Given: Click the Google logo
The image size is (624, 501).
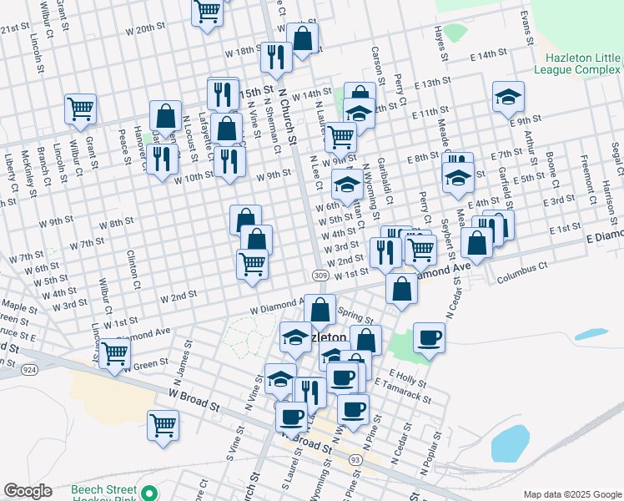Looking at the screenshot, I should coord(28,491).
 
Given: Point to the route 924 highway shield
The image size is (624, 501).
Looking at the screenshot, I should coord(30,368).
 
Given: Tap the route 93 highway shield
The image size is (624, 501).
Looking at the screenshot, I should coord(355,460).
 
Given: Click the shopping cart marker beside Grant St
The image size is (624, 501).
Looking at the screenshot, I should coord(81,107).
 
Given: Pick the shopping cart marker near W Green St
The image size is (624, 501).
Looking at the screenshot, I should coord(114,352).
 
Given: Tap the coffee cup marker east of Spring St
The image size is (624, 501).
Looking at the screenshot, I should coord(429,337).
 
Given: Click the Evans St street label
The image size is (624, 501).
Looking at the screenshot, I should coord(526,28).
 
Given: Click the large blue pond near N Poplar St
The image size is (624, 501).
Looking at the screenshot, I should coord(510,443).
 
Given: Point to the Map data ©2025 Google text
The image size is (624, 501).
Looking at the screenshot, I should coord(571,493).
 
